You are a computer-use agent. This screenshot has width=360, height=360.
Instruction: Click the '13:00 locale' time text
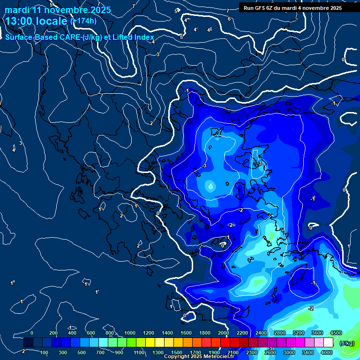coord(37,21)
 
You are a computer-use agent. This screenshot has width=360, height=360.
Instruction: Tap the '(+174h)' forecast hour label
coord(83,21)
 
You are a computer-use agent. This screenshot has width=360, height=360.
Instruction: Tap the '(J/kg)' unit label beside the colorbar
coord(346,343)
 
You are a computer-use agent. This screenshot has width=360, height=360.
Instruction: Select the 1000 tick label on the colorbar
coord(129,333)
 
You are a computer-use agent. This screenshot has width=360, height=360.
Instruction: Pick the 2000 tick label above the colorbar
coord(223,333)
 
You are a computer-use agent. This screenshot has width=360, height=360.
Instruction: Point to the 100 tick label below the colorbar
coord(45,352)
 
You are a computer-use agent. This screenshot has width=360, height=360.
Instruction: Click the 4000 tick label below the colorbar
coord(327,352)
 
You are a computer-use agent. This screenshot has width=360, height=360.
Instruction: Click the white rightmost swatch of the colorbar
coord(328,343)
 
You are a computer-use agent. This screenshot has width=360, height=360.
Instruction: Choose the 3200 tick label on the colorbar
coord(298,333)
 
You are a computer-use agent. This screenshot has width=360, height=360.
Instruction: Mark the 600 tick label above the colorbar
coord(90,333)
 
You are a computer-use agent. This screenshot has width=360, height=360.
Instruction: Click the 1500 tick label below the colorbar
coord(176,352)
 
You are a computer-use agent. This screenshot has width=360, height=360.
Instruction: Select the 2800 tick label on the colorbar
coord(279,333)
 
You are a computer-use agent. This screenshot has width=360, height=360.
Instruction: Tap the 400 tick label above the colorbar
coord(72,333)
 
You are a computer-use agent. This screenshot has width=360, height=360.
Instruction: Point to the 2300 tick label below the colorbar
coord(251,352)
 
